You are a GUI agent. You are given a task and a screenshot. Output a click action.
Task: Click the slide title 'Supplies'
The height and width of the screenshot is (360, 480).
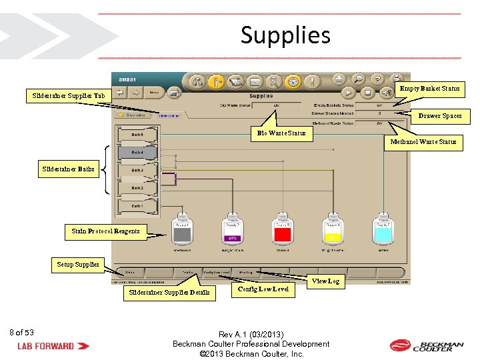(285, 35)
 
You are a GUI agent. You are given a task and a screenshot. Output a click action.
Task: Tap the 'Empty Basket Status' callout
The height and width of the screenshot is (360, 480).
(429, 89)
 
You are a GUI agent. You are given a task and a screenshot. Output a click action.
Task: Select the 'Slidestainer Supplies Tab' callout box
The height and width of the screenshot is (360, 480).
(69, 96)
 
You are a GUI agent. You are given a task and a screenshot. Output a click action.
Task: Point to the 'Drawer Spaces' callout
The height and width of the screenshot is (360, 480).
(439, 116)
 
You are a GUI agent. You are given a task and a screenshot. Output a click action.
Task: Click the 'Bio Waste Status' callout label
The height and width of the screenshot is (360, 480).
(281, 133)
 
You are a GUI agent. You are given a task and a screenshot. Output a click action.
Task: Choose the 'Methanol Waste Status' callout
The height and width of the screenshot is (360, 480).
(423, 141)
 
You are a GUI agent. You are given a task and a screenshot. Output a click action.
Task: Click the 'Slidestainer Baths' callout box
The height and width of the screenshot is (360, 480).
(68, 169)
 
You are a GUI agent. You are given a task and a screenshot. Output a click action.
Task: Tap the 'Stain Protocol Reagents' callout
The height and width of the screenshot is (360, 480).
(106, 231)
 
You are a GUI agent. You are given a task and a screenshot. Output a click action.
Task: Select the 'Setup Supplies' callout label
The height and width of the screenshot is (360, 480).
(78, 265)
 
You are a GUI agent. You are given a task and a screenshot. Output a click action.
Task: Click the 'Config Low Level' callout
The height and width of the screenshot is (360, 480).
(263, 289)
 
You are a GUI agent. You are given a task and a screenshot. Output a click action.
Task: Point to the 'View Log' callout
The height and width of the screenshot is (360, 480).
(325, 281)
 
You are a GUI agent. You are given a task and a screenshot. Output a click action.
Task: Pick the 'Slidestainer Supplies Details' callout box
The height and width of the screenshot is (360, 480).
(169, 292)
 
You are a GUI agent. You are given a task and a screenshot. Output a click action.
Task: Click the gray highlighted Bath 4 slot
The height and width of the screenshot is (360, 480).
(137, 152)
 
